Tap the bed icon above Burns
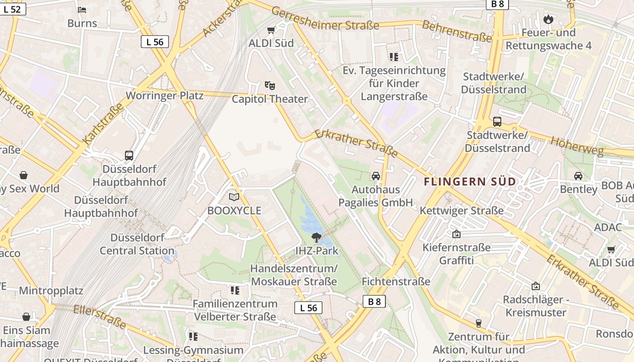[82, 10]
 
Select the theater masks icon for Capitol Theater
[270, 86]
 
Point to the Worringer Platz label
[158, 95]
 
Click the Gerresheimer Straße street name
[325, 19]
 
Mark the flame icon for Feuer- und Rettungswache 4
[548, 19]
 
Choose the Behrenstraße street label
[456, 31]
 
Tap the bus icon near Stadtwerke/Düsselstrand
[497, 122]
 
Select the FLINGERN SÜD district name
[470, 182]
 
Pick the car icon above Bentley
[578, 176]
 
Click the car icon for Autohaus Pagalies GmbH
[375, 176]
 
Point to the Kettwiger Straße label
[461, 210]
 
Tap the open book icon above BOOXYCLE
[234, 197]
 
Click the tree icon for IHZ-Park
[316, 237]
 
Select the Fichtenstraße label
[396, 281]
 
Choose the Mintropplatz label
[51, 291]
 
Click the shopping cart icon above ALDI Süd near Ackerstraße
[271, 30]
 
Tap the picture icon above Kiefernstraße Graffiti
[456, 234]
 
